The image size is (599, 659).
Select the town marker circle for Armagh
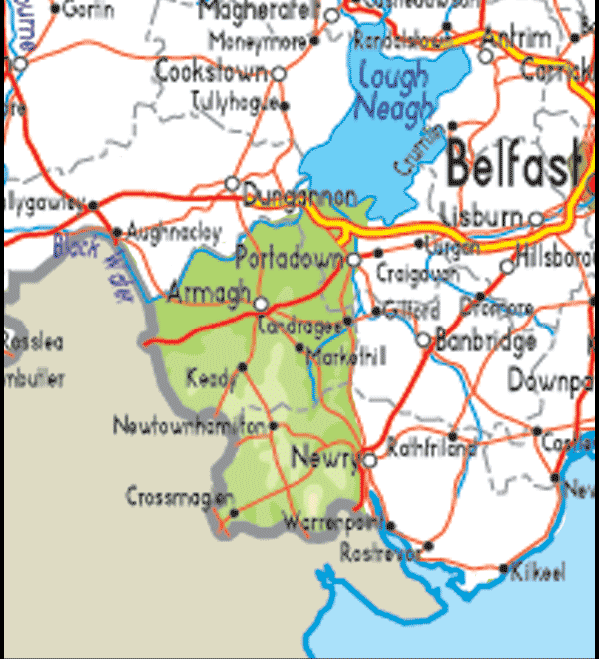[x=261, y=303]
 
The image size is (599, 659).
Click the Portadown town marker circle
[x=354, y=259]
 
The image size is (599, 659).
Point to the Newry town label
[x=322, y=458]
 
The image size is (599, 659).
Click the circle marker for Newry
[x=369, y=461]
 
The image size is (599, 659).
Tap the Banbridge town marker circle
[x=423, y=340]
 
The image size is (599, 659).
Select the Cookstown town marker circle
[x=279, y=73]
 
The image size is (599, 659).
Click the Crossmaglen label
[x=180, y=496]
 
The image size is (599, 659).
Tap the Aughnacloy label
[x=174, y=232]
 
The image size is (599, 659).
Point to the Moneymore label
[x=258, y=42]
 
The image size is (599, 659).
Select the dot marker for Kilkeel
[x=504, y=570]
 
